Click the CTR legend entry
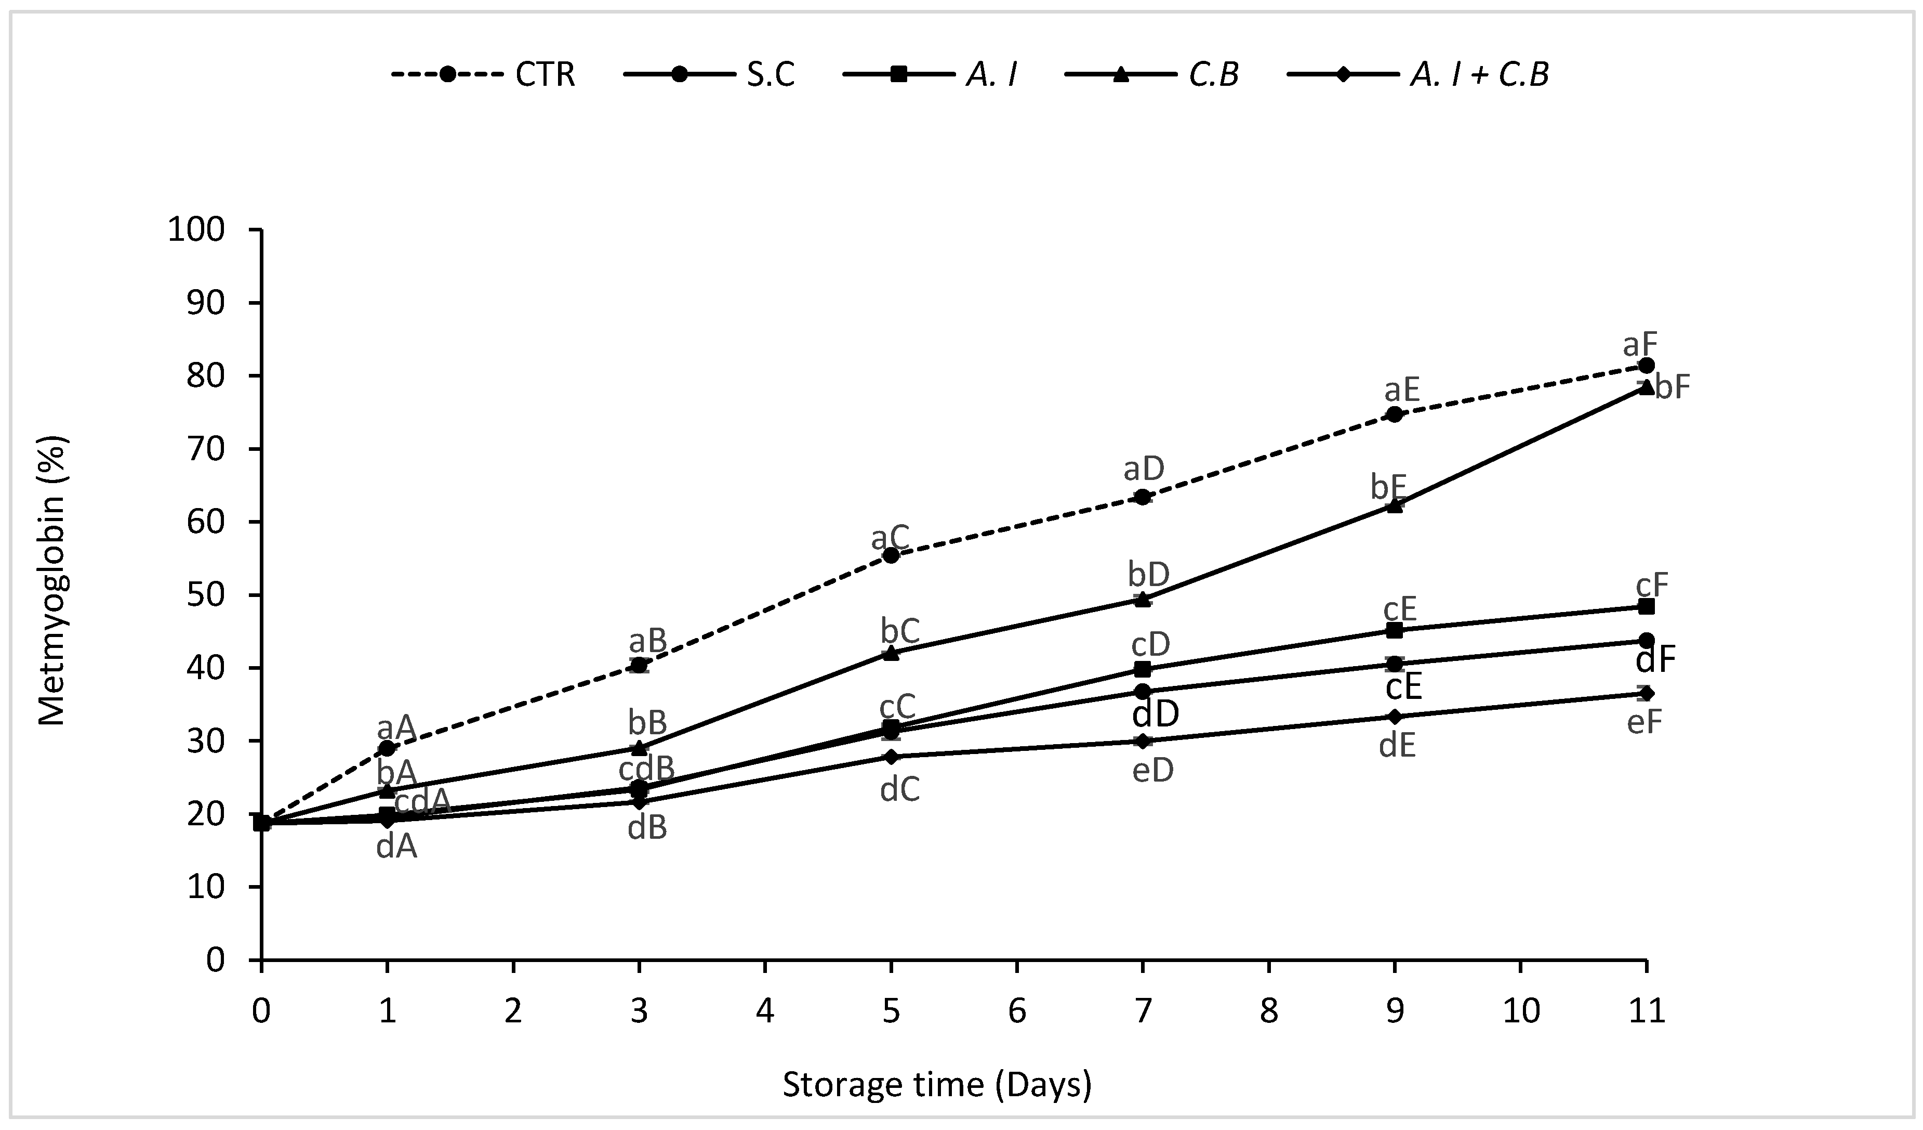point(483,75)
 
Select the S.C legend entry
point(710,75)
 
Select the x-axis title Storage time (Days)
point(937,1085)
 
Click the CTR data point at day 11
point(1646,366)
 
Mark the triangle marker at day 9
point(1394,505)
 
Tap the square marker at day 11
point(1646,606)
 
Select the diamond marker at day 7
point(1143,741)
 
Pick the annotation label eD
point(1152,770)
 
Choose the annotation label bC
point(900,631)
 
